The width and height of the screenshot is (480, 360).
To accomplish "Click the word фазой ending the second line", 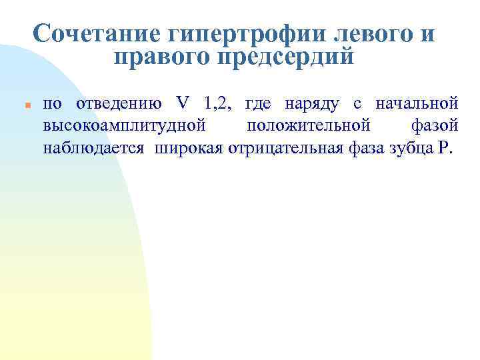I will coord(431,125).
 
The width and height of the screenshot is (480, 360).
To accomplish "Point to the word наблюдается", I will coord(93,147).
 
